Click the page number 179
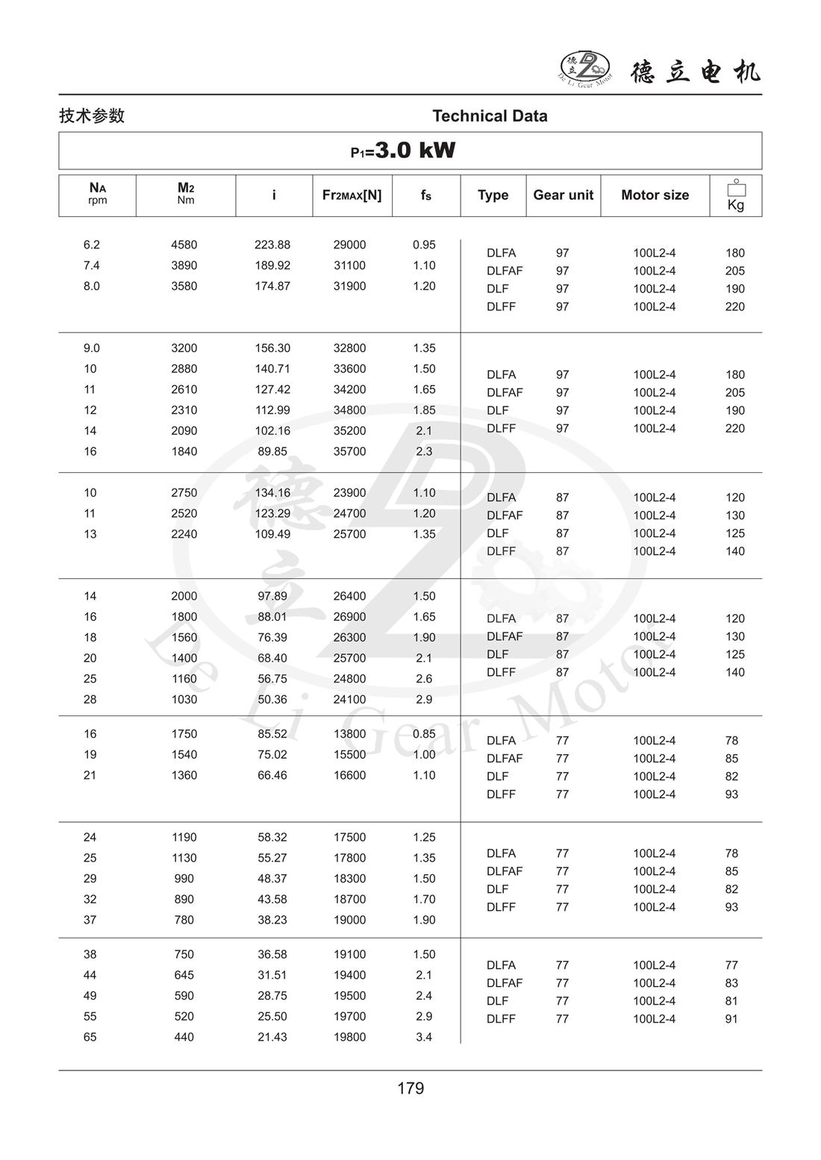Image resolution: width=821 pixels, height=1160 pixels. [x=410, y=1088]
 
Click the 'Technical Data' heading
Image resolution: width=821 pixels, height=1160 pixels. [x=490, y=116]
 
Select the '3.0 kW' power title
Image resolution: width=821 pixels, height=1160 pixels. [x=414, y=150]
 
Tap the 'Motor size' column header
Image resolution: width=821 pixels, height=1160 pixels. [x=655, y=195]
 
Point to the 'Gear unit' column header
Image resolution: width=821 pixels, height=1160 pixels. [x=563, y=195]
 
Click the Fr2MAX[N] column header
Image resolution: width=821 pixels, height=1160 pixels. [x=352, y=195]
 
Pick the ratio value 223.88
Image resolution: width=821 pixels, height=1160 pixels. [x=272, y=245]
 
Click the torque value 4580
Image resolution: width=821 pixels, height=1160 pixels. [x=184, y=245]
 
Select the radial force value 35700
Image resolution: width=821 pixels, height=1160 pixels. [x=349, y=451]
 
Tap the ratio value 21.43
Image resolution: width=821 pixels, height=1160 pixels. [x=272, y=1037]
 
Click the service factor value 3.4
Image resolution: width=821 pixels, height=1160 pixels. [x=424, y=1037]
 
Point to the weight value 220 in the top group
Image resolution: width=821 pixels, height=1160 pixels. [x=734, y=307]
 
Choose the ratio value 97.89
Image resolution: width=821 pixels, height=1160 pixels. [x=272, y=596]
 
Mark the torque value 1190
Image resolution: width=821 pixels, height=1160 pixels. [x=184, y=837]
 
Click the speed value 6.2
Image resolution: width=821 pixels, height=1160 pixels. [x=92, y=245]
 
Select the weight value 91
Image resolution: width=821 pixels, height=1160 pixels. [x=731, y=1019]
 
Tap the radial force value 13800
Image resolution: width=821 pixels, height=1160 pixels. [x=349, y=734]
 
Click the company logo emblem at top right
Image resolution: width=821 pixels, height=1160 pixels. [x=585, y=67]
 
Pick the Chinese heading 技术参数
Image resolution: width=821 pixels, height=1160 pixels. [x=92, y=116]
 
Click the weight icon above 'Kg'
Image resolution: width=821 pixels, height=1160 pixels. [x=736, y=189]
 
